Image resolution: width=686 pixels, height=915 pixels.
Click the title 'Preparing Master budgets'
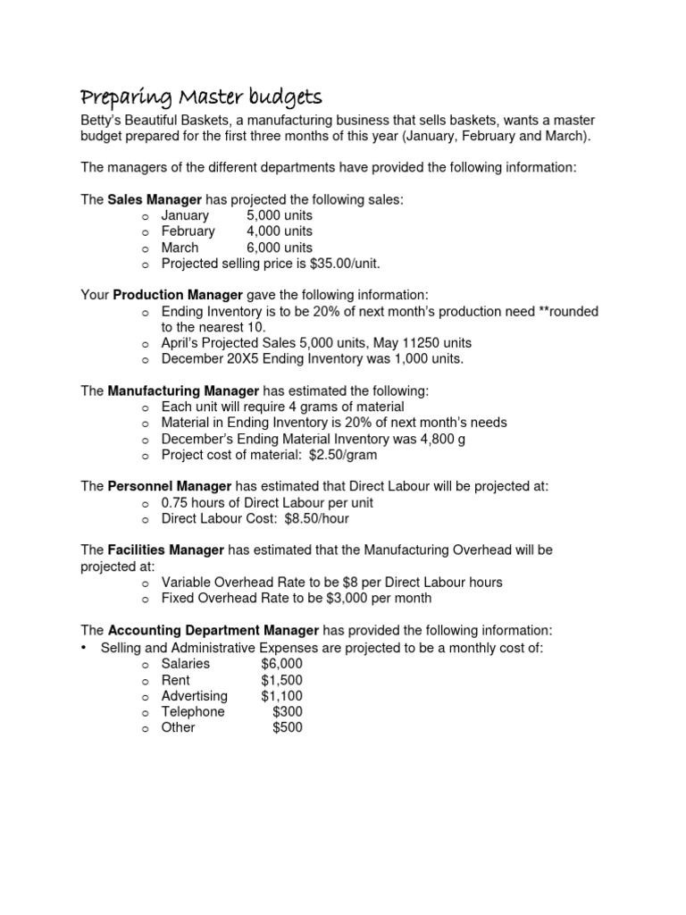coord(202,97)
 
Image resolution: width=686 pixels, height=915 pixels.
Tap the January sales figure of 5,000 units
coord(280,215)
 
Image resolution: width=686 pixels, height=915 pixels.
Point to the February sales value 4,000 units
coord(280,231)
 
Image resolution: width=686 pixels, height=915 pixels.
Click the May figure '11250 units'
coord(438,343)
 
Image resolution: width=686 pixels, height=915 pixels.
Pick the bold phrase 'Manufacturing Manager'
coord(183,390)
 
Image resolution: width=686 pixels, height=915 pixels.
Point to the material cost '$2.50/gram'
coord(343,455)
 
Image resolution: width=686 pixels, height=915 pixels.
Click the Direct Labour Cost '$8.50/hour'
coord(313,518)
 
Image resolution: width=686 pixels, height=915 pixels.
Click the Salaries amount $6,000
coord(282,664)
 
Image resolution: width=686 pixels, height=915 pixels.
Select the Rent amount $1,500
coord(282,680)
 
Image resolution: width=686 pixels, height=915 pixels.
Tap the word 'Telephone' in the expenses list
coord(193,712)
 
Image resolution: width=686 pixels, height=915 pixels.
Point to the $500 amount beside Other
coord(288,727)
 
